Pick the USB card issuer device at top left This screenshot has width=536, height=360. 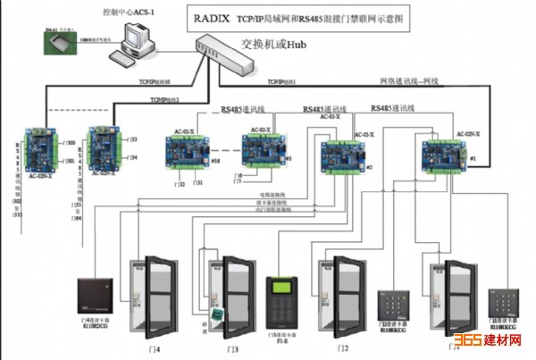click(57, 41)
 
